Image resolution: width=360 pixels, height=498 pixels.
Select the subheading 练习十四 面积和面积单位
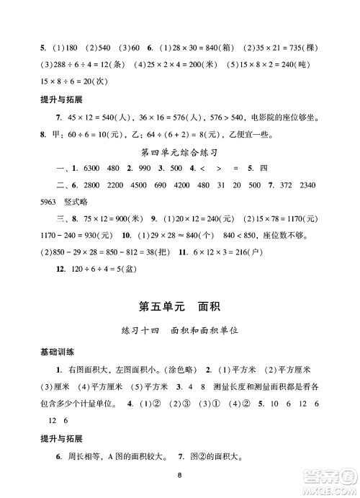coord(179,334)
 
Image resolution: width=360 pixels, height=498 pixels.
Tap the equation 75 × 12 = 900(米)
coord(98,235)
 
